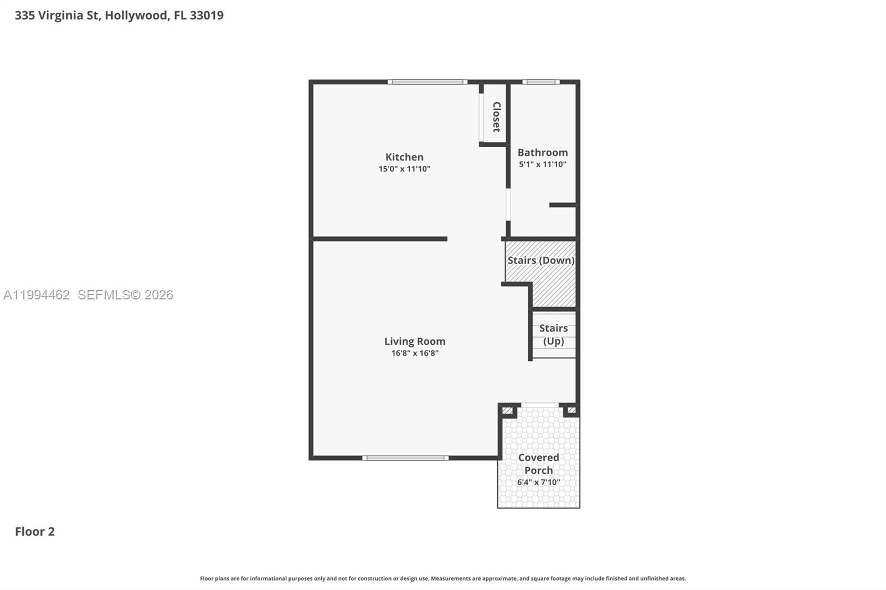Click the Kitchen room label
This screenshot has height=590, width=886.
pos(404,157)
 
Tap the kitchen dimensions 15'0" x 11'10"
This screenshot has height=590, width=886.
pos(404,169)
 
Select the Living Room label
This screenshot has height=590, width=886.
pos(415,341)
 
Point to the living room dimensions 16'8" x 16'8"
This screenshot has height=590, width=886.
pos(415,353)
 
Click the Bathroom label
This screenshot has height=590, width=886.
pos(543,152)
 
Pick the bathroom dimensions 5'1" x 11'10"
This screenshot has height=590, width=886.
pos(543,164)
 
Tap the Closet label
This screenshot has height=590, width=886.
pos(496,117)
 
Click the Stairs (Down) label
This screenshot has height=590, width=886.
pos(541,260)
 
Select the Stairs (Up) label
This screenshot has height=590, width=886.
pos(553,335)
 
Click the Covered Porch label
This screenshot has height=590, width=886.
pos(538,464)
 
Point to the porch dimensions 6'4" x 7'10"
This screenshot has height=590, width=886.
pos(538,483)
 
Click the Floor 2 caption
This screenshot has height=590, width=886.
pos(35,531)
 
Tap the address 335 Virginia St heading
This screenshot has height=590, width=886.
pos(119,15)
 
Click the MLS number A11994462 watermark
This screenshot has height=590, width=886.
pos(37,295)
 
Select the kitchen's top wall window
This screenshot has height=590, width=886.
pos(427,82)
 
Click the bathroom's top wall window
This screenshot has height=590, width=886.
pos(540,82)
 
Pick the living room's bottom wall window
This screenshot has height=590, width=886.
pos(405,458)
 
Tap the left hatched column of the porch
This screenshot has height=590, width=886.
pos(507,411)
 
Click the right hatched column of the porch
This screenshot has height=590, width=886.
pos(571,411)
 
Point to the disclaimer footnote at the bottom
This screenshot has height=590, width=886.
pos(442,578)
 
